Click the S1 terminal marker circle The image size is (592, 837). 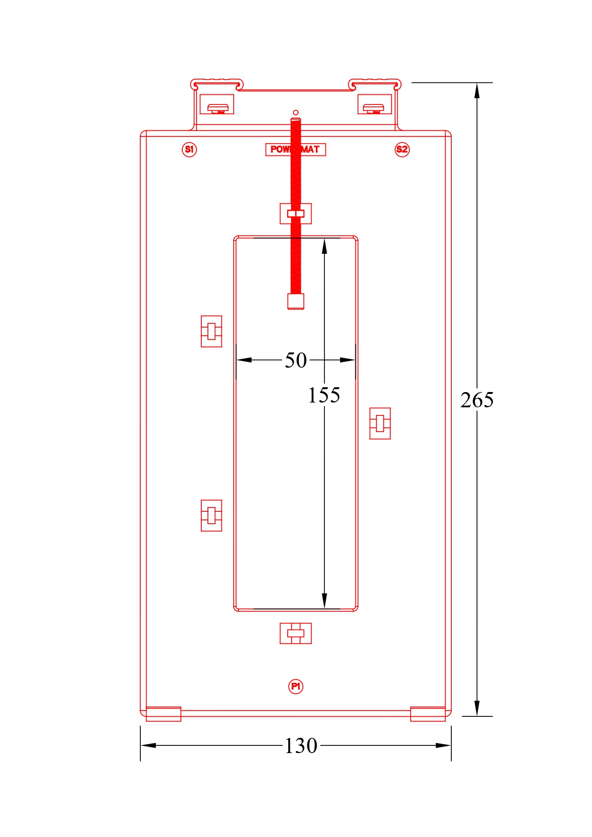(189, 149)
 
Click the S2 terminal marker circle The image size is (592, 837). (402, 149)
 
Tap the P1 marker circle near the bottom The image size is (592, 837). (296, 686)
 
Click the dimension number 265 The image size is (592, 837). (477, 400)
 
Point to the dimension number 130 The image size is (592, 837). (301, 745)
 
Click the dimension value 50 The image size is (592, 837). (296, 360)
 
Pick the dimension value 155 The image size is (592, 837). (324, 395)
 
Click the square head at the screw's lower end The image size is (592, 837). (296, 301)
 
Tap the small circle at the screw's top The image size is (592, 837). (296, 113)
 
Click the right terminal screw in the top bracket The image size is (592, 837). (374, 108)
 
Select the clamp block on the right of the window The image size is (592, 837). (380, 423)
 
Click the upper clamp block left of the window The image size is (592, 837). (211, 331)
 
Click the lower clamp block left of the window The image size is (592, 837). (211, 516)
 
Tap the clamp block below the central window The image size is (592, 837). (296, 633)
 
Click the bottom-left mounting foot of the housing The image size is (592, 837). (163, 714)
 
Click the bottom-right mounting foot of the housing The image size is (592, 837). (428, 714)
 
